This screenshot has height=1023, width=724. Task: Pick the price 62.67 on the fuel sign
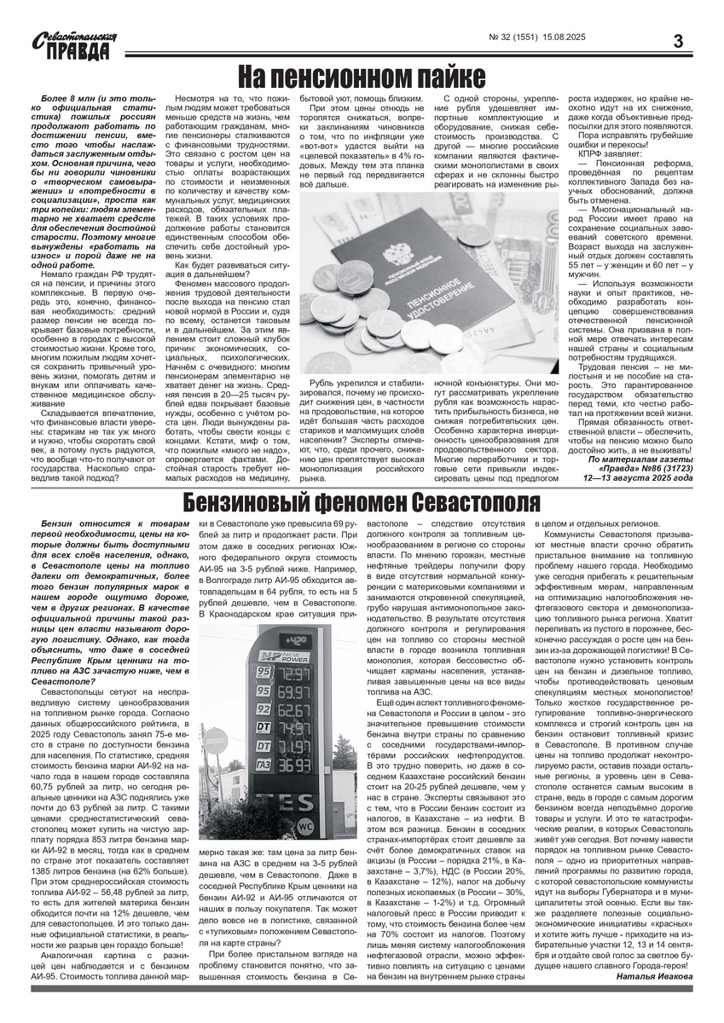click(295, 709)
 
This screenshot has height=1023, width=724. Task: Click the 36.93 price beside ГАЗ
click(295, 766)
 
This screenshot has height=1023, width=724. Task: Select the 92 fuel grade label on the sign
click(264, 708)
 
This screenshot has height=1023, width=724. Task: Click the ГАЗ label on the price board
click(264, 765)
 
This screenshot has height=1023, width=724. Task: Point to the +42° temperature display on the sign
click(296, 641)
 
